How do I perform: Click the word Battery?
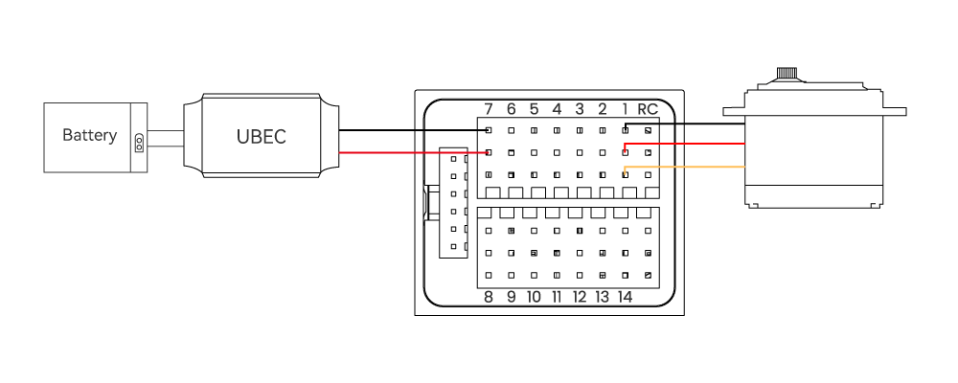click(89, 135)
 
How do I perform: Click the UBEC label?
click(261, 136)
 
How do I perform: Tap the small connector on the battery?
click(140, 143)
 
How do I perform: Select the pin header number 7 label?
click(489, 109)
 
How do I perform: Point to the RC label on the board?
click(648, 109)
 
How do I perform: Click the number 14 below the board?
click(625, 297)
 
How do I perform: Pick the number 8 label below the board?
click(489, 297)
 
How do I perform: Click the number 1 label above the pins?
click(626, 109)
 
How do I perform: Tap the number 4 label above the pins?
click(557, 109)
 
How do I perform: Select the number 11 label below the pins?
click(557, 297)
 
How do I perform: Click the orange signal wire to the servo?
click(690, 168)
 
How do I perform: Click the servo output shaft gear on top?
click(787, 73)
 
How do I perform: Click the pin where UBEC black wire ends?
click(489, 129)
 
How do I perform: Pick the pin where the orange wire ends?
click(626, 174)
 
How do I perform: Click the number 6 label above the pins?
click(512, 109)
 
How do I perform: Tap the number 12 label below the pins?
click(580, 297)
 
